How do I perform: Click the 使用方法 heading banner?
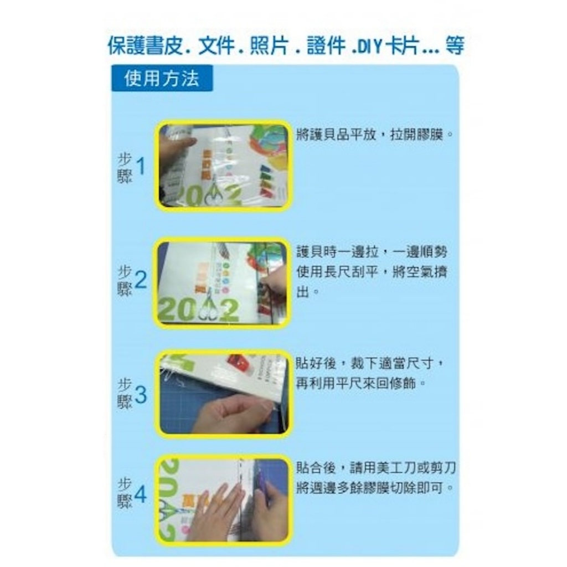162,78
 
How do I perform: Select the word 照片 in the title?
269,46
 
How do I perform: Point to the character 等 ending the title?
454,46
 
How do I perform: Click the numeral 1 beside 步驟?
141,166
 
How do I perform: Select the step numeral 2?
141,280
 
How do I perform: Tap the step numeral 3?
141,394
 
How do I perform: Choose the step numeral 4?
141,494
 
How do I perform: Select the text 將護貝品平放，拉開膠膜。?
375,135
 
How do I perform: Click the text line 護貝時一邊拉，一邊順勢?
372,252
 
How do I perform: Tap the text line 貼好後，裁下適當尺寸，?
370,363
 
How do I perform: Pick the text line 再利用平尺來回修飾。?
361,383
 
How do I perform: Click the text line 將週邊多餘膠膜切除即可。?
375,488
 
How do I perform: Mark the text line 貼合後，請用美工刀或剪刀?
376,468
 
